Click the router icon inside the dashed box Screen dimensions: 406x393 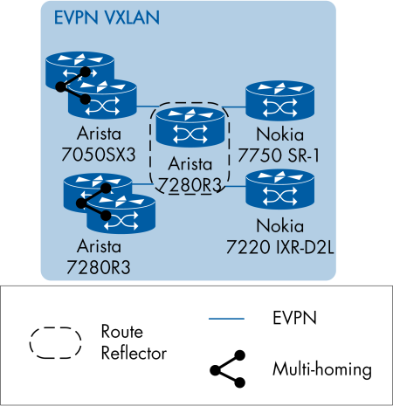(190, 127)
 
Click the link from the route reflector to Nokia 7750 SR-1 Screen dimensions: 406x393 (236, 107)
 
